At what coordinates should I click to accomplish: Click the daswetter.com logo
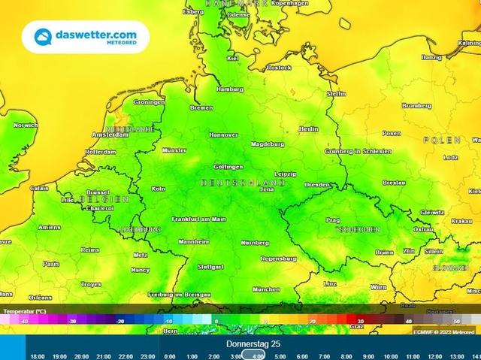point(84,37)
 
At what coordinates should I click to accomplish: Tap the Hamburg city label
point(229,89)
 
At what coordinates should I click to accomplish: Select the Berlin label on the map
point(309,129)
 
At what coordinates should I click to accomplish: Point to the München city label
point(266,289)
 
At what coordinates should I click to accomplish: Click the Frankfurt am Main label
point(198,219)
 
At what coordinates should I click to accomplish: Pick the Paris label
point(50,264)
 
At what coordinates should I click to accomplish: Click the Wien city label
point(378,286)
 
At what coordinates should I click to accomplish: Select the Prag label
point(333,220)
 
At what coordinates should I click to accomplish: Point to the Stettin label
point(336,93)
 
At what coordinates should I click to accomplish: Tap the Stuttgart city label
point(210,267)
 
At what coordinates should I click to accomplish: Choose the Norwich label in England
point(25,125)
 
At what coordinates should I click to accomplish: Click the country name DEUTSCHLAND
point(243,183)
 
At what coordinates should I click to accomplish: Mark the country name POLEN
point(441,141)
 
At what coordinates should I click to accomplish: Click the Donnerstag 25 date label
point(253,343)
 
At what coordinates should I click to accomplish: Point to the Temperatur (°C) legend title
point(25,310)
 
